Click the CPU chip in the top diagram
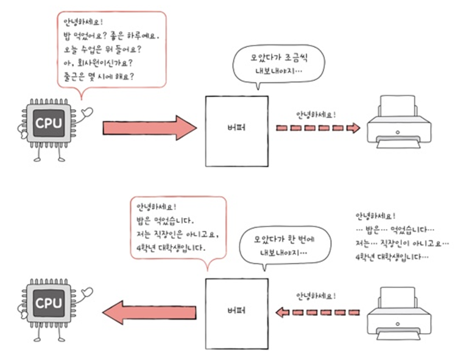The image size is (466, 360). pos(48,124)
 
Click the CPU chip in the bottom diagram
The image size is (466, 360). pos(48,302)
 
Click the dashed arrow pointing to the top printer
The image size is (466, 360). pos(317,128)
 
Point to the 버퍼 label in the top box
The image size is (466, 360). pos(236,129)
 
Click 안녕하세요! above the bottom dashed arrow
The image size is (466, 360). pos(316,296)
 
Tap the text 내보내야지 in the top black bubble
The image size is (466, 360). pos(277,71)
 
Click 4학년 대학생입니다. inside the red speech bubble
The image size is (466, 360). pos(171,249)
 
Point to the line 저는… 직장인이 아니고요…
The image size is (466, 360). pos(401,243)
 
